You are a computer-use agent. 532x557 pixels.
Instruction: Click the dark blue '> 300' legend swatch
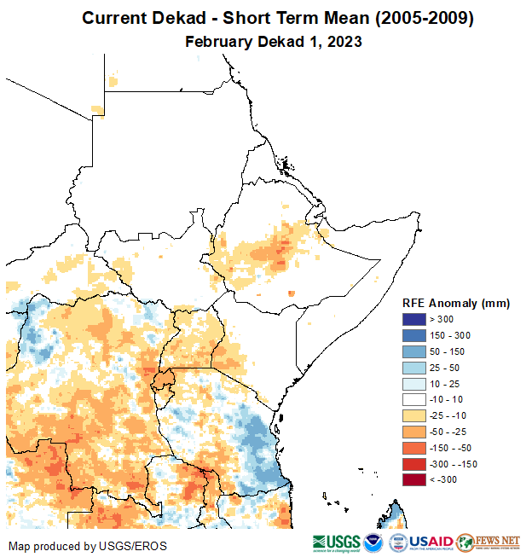[x=414, y=319]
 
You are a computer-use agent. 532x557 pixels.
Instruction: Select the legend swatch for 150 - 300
[x=414, y=335]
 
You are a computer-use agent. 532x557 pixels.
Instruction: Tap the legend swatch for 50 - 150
[x=414, y=351]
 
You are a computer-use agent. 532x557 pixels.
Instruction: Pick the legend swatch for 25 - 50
[x=414, y=368]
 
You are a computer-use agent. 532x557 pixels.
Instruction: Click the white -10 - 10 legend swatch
[x=414, y=399]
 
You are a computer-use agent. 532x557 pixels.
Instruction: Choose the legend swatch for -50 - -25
[x=414, y=432]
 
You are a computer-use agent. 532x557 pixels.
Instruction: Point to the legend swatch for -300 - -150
[x=414, y=464]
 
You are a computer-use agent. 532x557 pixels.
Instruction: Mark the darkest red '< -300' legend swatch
[x=414, y=480]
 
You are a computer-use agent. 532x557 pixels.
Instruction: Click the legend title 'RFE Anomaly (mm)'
[x=455, y=303]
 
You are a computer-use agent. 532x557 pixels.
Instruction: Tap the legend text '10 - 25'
[x=446, y=384]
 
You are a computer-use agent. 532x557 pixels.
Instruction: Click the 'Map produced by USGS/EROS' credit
[x=88, y=546]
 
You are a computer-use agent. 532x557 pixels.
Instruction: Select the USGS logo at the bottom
[x=335, y=542]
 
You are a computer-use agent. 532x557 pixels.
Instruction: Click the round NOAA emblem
[x=373, y=542]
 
